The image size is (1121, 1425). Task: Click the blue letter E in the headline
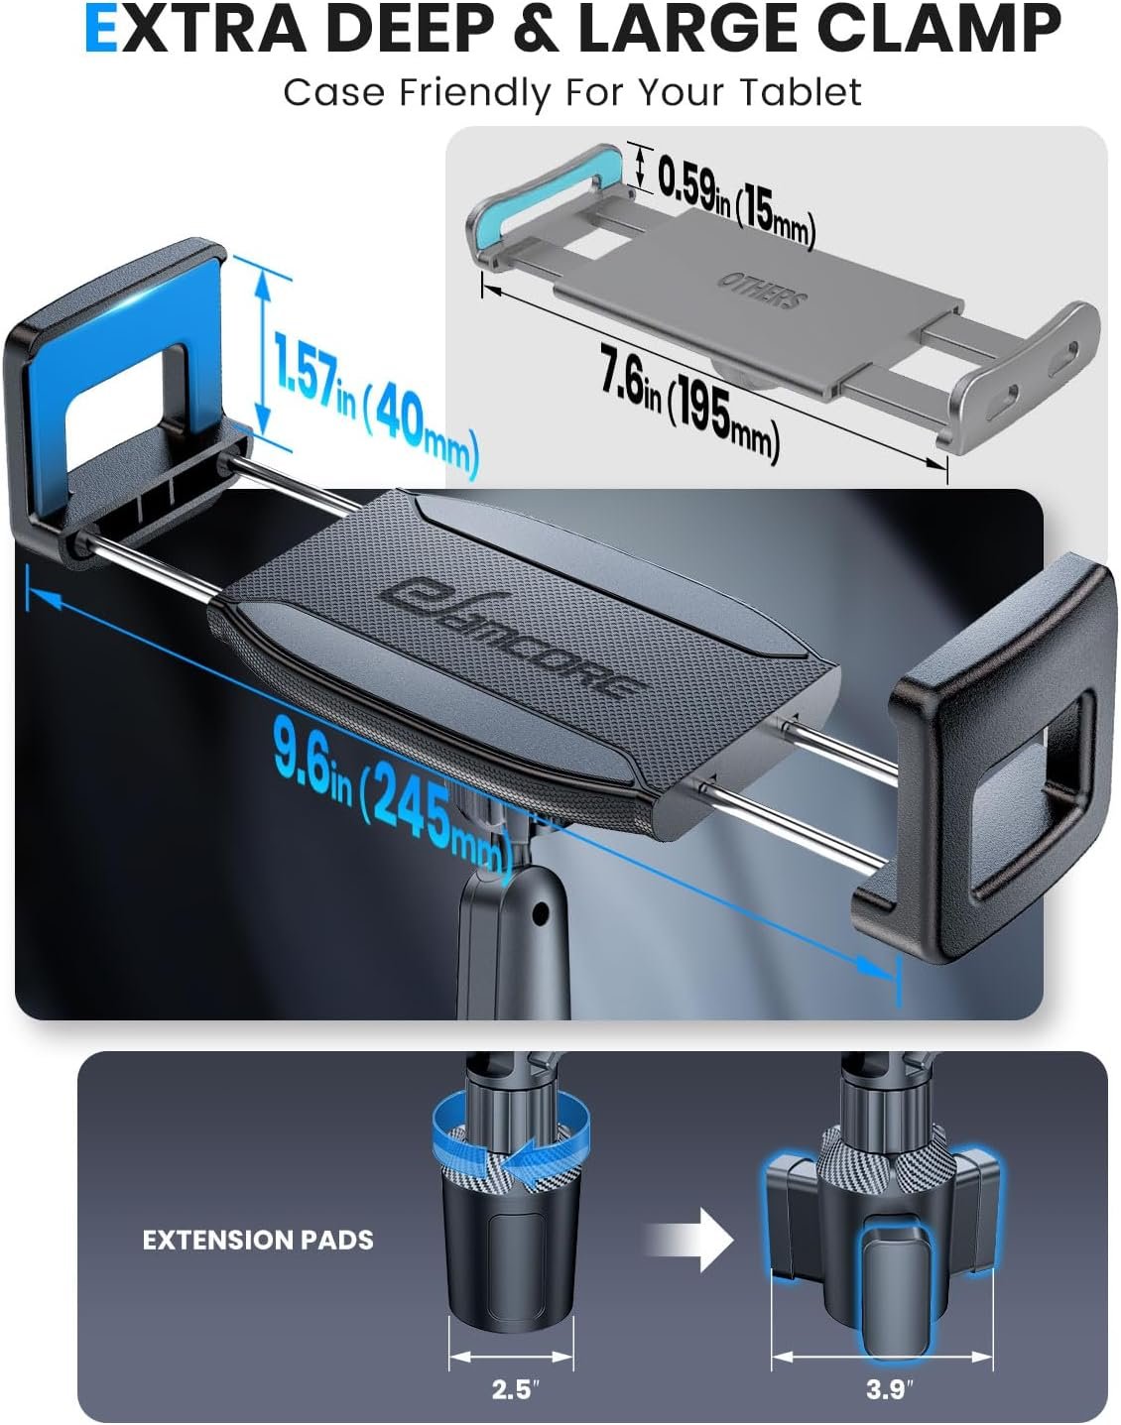(101, 30)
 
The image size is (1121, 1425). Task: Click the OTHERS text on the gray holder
(762, 290)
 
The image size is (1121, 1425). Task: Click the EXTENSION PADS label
(258, 1241)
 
